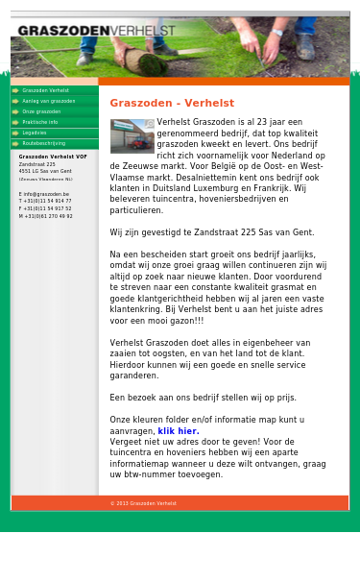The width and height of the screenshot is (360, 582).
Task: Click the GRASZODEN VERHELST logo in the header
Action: coord(96,31)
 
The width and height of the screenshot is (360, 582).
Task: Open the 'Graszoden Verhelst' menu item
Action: coord(45,90)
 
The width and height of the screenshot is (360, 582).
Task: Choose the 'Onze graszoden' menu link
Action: coord(41,111)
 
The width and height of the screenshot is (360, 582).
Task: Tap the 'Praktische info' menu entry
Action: coord(40,122)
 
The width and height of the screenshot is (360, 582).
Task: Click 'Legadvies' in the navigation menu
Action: coord(35,133)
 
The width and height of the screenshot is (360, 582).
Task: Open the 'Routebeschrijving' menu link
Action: coord(44,143)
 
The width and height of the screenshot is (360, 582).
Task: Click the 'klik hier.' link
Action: coord(179,431)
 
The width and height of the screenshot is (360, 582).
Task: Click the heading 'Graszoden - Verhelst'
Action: coord(172,103)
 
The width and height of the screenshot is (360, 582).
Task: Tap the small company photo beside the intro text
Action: coord(132,135)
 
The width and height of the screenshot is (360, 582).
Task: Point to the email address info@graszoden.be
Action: coord(45,194)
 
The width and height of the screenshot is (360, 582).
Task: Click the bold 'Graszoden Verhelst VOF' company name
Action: coord(53,157)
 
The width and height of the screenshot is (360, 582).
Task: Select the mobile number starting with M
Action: coord(46,216)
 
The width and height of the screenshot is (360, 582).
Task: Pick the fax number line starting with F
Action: coord(46,208)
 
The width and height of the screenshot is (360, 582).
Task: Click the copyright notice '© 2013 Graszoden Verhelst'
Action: coord(143,503)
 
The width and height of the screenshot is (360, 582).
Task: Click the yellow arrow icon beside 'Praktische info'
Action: coord(15,122)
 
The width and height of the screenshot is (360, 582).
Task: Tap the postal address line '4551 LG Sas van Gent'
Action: coord(45,171)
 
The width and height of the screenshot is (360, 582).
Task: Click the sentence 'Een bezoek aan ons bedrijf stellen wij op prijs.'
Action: coord(203,397)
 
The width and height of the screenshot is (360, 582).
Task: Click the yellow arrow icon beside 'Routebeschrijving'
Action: coord(15,143)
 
